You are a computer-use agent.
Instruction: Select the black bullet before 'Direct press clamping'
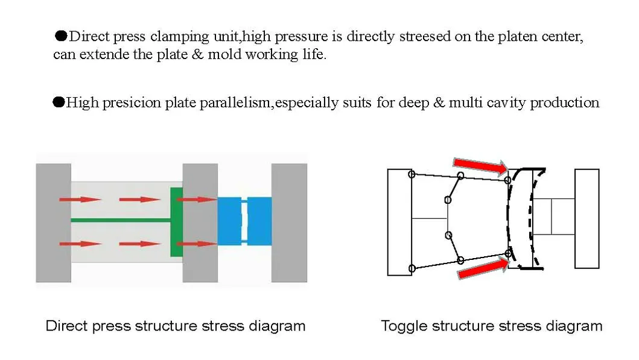60,36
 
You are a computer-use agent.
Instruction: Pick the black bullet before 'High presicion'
59,102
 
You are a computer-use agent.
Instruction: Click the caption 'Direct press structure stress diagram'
176,326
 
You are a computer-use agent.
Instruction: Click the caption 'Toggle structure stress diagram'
491,326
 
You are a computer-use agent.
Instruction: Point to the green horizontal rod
121,220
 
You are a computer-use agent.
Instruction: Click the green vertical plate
176,221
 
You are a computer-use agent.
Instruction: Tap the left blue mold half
229,221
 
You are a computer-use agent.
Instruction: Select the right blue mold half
260,221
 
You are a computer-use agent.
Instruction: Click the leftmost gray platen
53,223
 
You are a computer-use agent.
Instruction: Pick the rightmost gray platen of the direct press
289,223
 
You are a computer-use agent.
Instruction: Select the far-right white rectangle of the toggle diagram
587,218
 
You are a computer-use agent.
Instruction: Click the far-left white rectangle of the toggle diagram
399,222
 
